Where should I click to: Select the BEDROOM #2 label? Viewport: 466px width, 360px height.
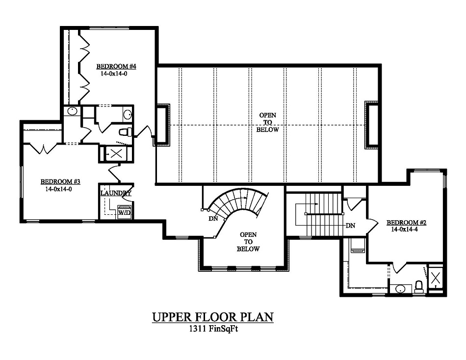406,222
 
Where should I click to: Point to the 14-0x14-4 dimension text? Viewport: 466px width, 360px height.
406,229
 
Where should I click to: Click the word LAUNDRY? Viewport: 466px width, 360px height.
116,193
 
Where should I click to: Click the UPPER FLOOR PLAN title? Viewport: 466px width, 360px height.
212,317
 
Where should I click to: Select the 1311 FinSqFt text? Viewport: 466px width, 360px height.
212,329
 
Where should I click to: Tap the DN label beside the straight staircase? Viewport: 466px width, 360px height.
350,226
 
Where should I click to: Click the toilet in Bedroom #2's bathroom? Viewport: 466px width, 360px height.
419,286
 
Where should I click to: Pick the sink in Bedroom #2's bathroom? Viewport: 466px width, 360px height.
400,288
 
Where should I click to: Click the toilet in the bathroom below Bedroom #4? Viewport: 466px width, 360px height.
125,132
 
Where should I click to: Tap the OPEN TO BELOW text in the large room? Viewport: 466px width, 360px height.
268,123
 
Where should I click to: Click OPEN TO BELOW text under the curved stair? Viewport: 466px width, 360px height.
248,242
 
